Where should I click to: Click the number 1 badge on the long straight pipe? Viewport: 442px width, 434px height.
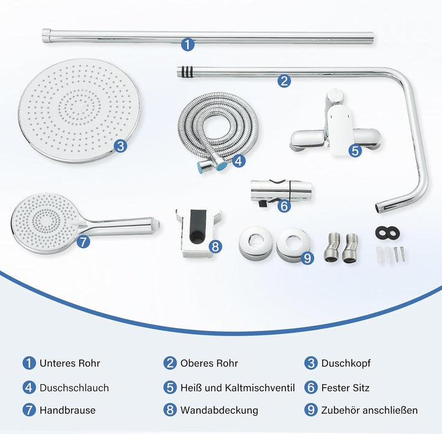(188, 45)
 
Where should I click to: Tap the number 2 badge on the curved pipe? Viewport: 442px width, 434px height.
(284, 81)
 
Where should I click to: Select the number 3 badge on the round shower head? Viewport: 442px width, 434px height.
(121, 146)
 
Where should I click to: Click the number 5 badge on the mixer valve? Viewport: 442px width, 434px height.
(355, 150)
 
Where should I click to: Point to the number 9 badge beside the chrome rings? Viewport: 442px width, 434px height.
(308, 258)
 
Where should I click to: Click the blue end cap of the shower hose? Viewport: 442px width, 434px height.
(221, 165)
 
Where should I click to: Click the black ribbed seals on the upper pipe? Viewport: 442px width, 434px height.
(187, 72)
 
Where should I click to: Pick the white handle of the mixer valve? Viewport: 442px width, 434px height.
(339, 130)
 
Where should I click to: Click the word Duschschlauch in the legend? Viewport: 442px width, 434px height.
(74, 388)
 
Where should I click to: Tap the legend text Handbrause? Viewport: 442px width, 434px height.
(68, 410)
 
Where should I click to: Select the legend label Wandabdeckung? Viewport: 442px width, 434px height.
(219, 410)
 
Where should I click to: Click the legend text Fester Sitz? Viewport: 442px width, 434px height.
(345, 388)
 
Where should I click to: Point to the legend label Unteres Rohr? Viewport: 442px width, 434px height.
(69, 363)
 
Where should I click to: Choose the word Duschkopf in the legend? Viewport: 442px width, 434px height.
(346, 363)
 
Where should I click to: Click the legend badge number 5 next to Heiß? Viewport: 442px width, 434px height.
(170, 387)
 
